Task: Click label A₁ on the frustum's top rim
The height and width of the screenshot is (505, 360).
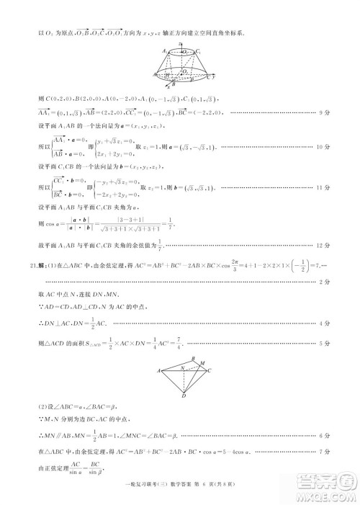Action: [x=164, y=51]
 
